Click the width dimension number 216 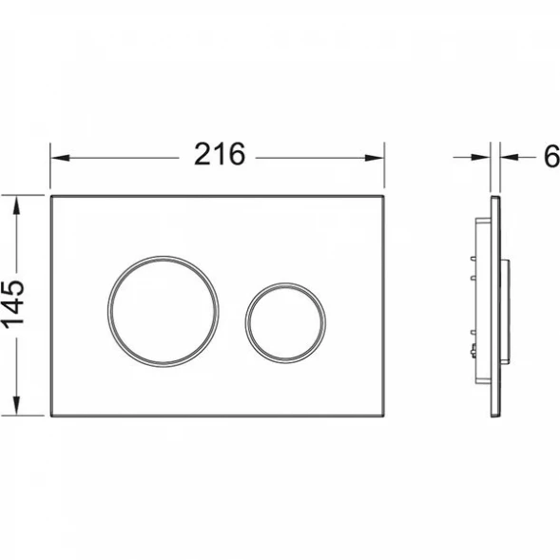click(x=220, y=154)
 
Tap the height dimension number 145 click(x=13, y=303)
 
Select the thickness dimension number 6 click(x=551, y=157)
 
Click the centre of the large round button click(x=164, y=312)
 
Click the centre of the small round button click(x=285, y=324)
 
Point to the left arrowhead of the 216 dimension click(x=60, y=158)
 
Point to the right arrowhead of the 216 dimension click(x=375, y=158)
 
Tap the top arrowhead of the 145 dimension click(x=16, y=205)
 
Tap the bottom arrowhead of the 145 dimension click(x=16, y=405)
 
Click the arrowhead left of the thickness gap click(x=480, y=157)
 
